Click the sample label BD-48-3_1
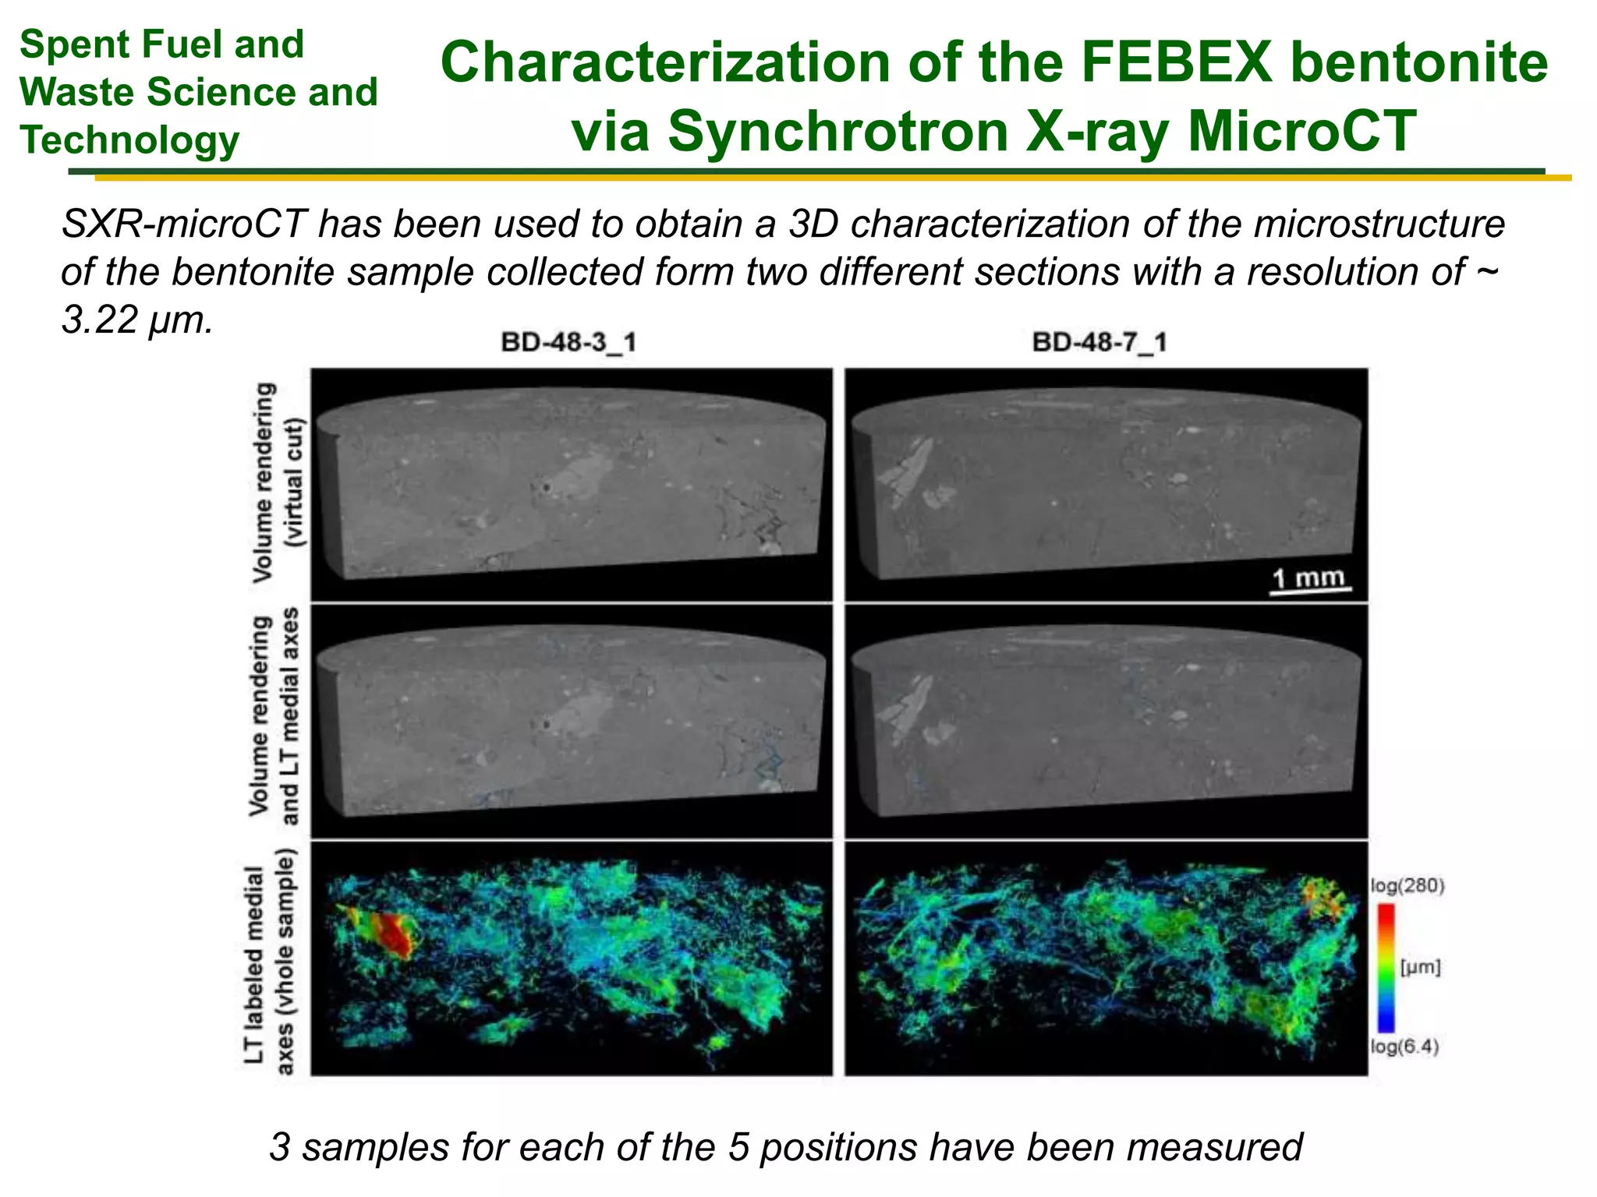(568, 342)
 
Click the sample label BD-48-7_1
(1099, 342)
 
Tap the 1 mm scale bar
(1310, 581)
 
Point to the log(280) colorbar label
(1408, 886)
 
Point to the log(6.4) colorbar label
(1404, 1047)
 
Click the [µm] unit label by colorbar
(1420, 967)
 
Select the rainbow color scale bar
(1386, 967)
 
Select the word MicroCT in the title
(1301, 131)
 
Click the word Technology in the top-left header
(129, 140)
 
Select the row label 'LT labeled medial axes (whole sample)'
(270, 960)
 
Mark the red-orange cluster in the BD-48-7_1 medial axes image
(1323, 897)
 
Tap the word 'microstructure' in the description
(1379, 224)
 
